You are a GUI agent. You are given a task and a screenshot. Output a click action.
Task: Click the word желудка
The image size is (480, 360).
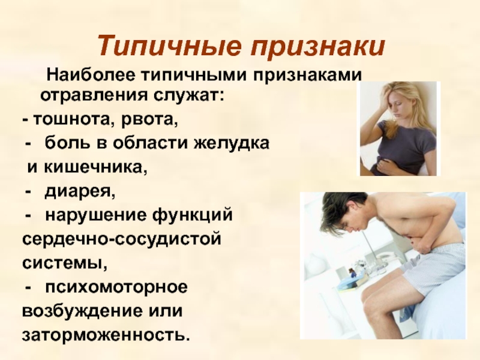231,143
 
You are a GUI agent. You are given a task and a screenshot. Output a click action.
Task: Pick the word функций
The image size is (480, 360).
192,215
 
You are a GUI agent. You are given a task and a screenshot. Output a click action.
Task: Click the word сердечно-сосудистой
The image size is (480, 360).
122,239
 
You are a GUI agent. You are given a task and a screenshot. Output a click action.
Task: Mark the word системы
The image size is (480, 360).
65,263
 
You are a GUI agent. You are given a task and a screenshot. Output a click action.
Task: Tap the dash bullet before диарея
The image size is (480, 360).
29,192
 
